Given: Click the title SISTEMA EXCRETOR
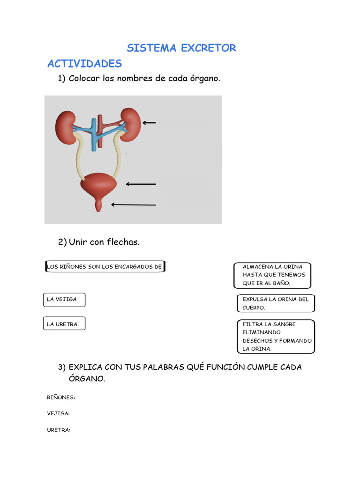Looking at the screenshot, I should pyautogui.click(x=182, y=48).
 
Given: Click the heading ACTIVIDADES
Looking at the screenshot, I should pyautogui.click(x=84, y=63).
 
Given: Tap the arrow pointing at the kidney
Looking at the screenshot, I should pyautogui.click(x=149, y=123).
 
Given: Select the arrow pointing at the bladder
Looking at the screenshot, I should pyautogui.click(x=141, y=184).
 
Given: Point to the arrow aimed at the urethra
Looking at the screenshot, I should pyautogui.click(x=134, y=205).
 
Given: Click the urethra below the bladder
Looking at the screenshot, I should pyautogui.click(x=98, y=205).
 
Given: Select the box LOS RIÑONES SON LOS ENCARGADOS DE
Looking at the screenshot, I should pyautogui.click(x=105, y=267).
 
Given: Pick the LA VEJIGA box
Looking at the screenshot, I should pyautogui.click(x=64, y=300).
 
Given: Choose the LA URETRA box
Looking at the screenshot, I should pyautogui.click(x=64, y=324).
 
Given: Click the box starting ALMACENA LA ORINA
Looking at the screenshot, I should pyautogui.click(x=274, y=275).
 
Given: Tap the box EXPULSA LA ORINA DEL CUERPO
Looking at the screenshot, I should pyautogui.click(x=276, y=303).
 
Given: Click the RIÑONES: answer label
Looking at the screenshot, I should pyautogui.click(x=61, y=397).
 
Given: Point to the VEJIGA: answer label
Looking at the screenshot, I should pyautogui.click(x=59, y=413).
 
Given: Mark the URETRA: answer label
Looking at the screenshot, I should pyautogui.click(x=59, y=430).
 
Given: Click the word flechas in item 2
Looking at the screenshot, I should pyautogui.click(x=123, y=242).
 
